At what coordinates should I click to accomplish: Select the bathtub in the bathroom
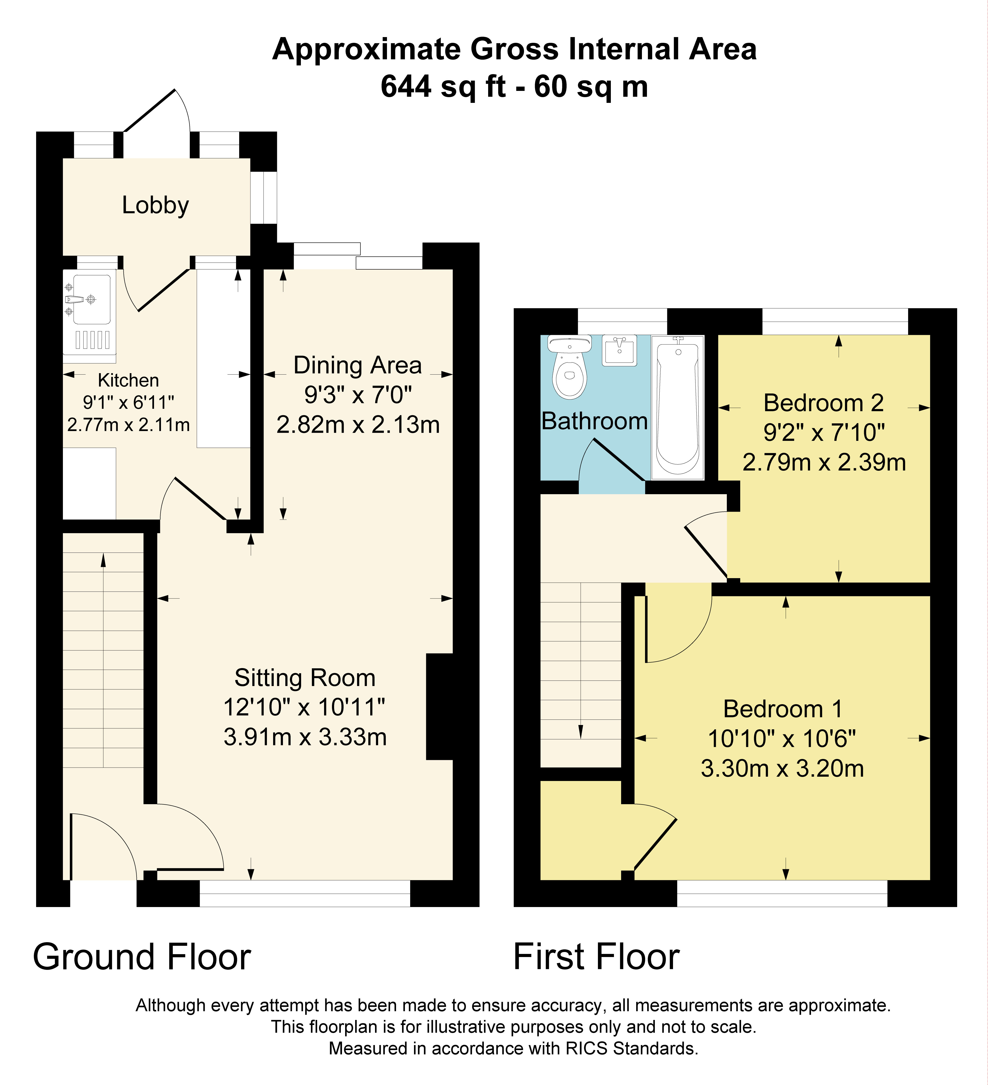click(678, 407)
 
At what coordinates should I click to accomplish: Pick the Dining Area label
click(357, 365)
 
